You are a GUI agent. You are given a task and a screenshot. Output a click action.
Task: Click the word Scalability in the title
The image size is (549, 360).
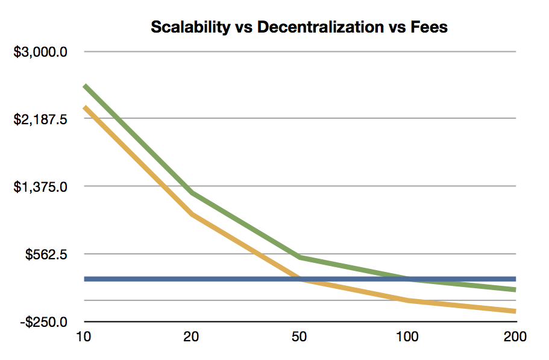click(190, 27)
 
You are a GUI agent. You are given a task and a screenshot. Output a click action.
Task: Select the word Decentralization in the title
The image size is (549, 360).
click(321, 27)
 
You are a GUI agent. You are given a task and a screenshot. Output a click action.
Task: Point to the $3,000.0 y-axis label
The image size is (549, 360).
click(40, 52)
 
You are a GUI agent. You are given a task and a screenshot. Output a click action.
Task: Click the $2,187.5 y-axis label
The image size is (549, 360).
click(40, 119)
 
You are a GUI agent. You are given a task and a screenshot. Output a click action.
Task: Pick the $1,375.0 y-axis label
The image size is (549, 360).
click(40, 187)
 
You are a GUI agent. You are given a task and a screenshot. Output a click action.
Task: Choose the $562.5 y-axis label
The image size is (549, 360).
click(46, 254)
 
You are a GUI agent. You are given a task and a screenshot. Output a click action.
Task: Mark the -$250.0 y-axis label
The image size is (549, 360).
click(44, 321)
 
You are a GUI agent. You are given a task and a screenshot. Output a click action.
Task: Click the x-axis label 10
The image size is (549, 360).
click(83, 336)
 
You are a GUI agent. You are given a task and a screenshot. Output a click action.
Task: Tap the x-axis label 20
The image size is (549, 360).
click(191, 336)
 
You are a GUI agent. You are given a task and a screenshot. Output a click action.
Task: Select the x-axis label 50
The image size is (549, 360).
click(299, 336)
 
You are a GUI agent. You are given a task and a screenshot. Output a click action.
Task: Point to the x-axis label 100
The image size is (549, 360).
click(407, 336)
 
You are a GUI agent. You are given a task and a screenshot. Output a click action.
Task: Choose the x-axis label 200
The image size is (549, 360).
click(515, 336)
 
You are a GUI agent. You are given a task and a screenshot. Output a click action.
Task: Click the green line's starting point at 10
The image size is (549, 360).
click(84, 86)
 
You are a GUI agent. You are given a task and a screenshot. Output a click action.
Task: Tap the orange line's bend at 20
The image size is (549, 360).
click(192, 214)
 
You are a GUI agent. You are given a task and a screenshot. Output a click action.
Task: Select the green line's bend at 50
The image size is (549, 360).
click(300, 257)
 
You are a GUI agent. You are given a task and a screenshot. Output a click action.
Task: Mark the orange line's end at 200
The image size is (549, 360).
click(515, 311)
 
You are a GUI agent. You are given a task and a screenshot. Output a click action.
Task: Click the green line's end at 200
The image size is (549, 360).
click(515, 289)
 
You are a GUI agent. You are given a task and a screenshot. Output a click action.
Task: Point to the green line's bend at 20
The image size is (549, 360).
click(192, 192)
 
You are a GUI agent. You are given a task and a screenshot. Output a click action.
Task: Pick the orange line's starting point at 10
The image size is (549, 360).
click(84, 107)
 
